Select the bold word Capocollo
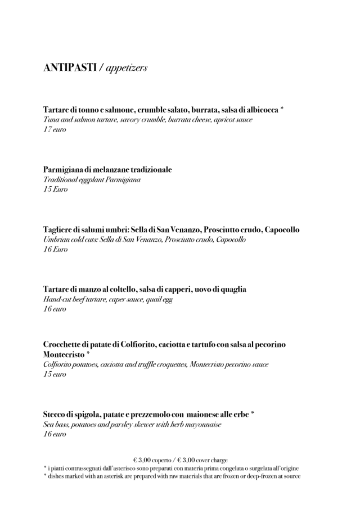pyautogui.click(x=279, y=229)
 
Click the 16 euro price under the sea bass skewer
pyautogui.click(x=55, y=434)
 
